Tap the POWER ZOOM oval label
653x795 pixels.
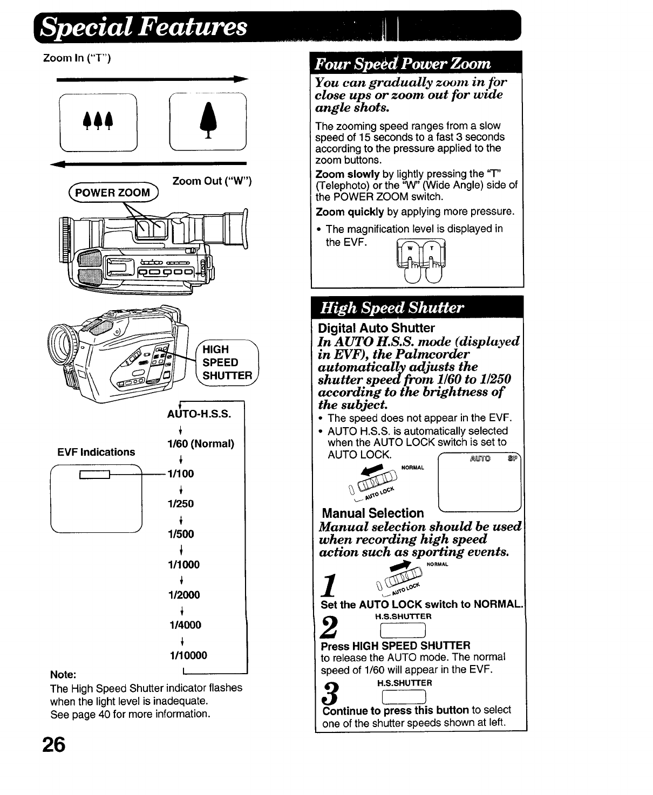112,193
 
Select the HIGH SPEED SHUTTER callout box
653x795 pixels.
227,362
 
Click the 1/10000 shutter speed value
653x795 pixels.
188,655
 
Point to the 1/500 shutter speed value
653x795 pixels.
182,534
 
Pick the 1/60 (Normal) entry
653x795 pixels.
201,443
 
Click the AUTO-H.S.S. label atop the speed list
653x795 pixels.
199,414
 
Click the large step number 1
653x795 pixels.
329,585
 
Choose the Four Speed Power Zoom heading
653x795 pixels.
403,64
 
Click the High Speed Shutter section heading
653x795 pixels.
392,308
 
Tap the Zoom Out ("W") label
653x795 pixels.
212,181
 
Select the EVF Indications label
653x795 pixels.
96,452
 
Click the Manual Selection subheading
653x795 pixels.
372,513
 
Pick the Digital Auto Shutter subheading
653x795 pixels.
376,328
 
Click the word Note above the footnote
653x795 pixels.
63,675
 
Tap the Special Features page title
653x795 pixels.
145,26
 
